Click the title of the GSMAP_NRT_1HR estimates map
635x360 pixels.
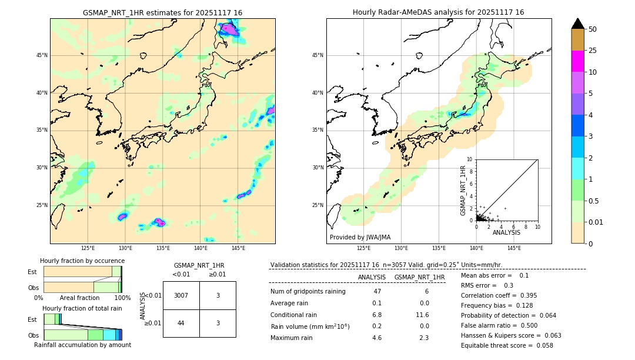point(162,12)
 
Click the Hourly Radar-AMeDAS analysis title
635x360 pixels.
point(438,12)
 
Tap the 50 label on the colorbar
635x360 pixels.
point(593,29)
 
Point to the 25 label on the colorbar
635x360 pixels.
point(593,51)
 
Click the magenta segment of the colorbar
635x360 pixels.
point(577,61)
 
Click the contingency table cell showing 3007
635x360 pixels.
point(181,295)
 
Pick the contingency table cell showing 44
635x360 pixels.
point(181,323)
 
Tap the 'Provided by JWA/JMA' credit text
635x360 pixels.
point(360,237)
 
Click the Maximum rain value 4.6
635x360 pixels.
point(377,338)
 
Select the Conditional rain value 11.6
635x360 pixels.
point(422,315)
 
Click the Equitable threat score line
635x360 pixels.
point(507,345)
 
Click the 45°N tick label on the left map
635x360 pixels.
point(42,55)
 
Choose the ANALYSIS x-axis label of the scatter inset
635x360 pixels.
point(506,232)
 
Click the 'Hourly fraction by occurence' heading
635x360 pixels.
point(82,261)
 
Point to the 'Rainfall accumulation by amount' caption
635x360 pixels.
point(82,345)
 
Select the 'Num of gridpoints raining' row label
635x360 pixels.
point(308,291)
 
